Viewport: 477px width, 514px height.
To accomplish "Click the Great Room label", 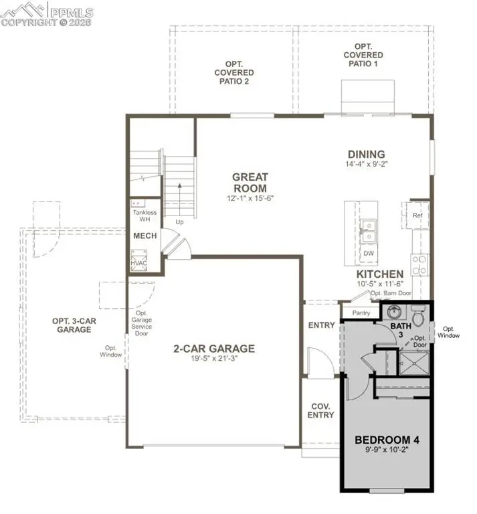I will [x=250, y=183].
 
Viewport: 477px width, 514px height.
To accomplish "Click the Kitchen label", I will [x=379, y=274].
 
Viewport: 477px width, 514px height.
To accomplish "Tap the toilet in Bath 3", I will [x=418, y=315].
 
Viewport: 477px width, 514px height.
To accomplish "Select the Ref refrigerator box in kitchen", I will [x=417, y=216].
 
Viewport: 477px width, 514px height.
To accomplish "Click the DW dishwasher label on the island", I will [x=367, y=254].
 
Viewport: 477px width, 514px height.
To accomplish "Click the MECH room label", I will [x=145, y=236].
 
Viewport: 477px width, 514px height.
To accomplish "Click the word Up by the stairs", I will [x=179, y=222].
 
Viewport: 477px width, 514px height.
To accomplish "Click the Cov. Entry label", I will [x=320, y=410].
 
